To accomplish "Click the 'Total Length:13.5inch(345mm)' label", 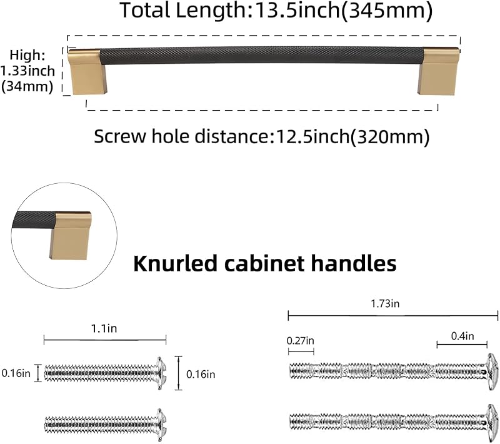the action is tap(276, 11).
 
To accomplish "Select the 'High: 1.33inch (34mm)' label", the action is tap(27, 71).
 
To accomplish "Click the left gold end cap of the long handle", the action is tap(87, 72).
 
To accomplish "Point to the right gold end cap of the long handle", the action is tap(438, 72).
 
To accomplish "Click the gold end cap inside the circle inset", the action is tap(70, 235).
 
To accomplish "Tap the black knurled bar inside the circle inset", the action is tap(34, 220).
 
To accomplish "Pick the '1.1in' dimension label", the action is tap(104, 328).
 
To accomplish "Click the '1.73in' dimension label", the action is tap(385, 303).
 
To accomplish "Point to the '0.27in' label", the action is tap(301, 341).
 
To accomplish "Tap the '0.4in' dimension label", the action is tap(462, 336).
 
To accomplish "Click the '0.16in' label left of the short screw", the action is tap(16, 373).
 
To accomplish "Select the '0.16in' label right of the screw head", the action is tap(201, 374).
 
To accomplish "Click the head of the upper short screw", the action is tap(162, 373).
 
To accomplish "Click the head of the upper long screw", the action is tap(492, 371).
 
